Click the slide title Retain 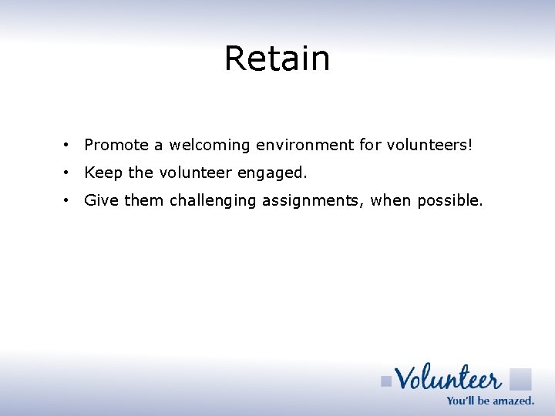click(277, 59)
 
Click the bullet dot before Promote click(68, 145)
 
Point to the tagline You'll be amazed click(490, 400)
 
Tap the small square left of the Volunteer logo click(386, 381)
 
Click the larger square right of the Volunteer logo click(520, 379)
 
